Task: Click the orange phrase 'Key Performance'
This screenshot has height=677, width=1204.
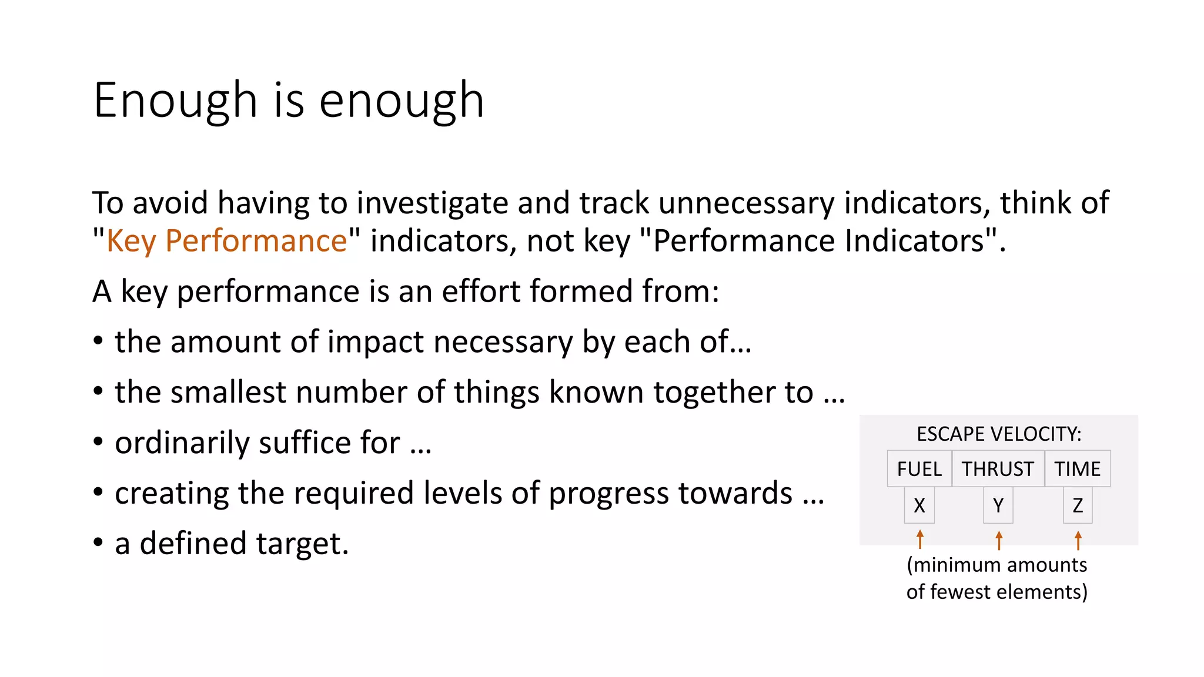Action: click(x=226, y=241)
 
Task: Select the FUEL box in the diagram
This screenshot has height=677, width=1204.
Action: click(x=919, y=469)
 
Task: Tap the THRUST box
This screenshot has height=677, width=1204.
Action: click(x=998, y=469)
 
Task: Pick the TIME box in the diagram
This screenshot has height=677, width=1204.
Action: click(x=1077, y=469)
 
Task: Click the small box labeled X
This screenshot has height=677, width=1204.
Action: click(x=919, y=505)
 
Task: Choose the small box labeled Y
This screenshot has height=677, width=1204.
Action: click(x=998, y=505)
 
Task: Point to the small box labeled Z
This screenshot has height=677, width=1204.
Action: click(x=1078, y=505)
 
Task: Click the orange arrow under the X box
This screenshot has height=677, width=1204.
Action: click(x=920, y=539)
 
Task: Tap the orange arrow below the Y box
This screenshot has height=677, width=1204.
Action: click(x=999, y=540)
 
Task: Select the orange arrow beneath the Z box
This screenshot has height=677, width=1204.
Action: click(x=1078, y=540)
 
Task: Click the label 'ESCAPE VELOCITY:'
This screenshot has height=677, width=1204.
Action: click(x=999, y=434)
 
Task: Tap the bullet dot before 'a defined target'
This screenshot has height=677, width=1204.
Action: click(x=98, y=542)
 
